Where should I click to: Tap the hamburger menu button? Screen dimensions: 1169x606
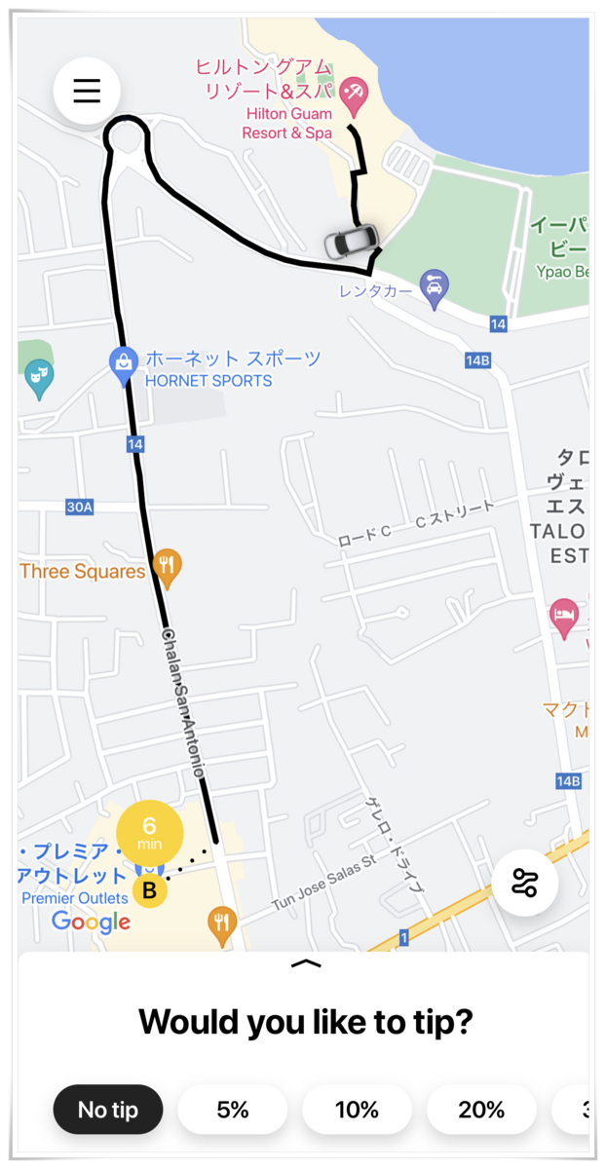click(x=87, y=90)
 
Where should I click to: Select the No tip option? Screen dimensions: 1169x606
click(x=107, y=1110)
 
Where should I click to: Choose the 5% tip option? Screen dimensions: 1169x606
click(x=233, y=1110)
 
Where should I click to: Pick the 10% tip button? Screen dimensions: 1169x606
click(x=357, y=1110)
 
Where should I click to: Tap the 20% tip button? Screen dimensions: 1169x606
click(x=481, y=1110)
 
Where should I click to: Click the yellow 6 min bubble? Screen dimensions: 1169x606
click(x=149, y=833)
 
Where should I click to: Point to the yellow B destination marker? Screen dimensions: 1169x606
click(x=149, y=890)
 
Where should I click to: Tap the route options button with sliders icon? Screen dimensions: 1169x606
click(x=525, y=883)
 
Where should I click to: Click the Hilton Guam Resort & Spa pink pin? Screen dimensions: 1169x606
click(x=352, y=94)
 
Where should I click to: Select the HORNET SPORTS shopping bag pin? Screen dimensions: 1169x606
click(x=123, y=362)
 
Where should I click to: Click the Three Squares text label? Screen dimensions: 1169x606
click(x=82, y=572)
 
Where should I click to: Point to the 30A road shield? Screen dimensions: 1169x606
click(x=79, y=507)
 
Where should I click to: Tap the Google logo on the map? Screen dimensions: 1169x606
click(x=91, y=922)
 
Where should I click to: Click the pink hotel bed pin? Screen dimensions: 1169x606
click(x=564, y=616)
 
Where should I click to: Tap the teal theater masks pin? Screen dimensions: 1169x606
click(x=39, y=376)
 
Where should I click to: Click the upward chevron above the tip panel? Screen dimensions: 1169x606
click(x=306, y=963)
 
